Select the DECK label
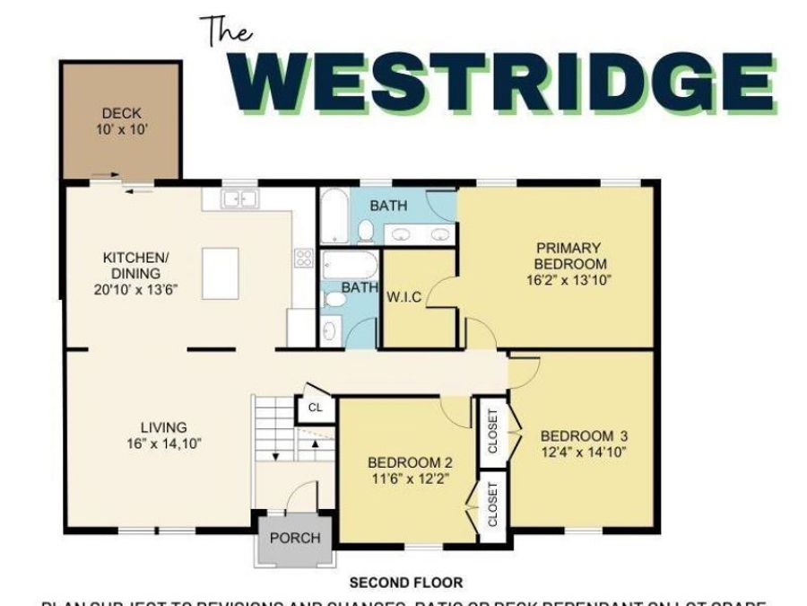pos(121,113)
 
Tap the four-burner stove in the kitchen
pos(302,259)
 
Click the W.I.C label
pos(403,297)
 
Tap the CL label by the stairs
pos(315,408)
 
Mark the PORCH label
pos(295,538)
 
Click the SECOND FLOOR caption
pos(406,583)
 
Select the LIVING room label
pos(163,427)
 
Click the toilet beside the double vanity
pos(366,232)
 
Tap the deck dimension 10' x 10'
pos(121,129)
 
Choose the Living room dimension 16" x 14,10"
pos(164,444)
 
